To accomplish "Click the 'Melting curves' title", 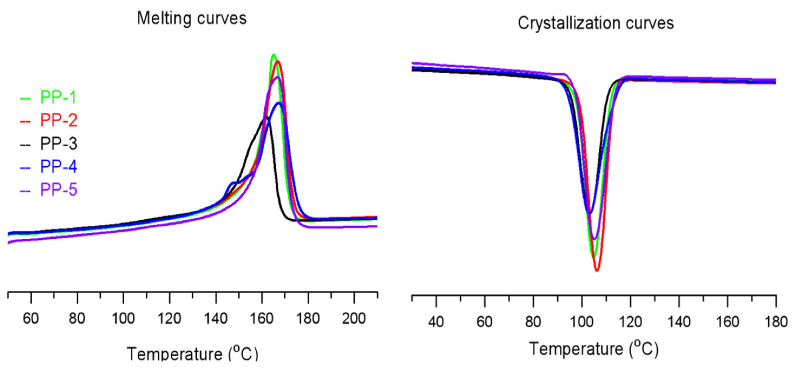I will (192, 18).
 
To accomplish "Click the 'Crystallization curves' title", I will (595, 23).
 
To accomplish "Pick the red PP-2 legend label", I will (58, 120).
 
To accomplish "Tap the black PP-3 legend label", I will (58, 144).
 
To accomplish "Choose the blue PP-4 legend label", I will (58, 167).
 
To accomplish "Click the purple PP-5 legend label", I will (58, 190).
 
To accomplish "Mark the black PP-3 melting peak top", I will (265, 117).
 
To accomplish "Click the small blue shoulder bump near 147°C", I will (232, 183).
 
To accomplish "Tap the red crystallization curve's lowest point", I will (597, 270).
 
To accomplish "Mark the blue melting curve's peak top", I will (279, 104).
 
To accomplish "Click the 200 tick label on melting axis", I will (354, 318).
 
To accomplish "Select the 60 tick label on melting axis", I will (31, 318).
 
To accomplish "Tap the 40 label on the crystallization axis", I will (436, 322).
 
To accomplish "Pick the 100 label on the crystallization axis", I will (581, 322).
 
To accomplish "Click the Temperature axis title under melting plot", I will (192, 354).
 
